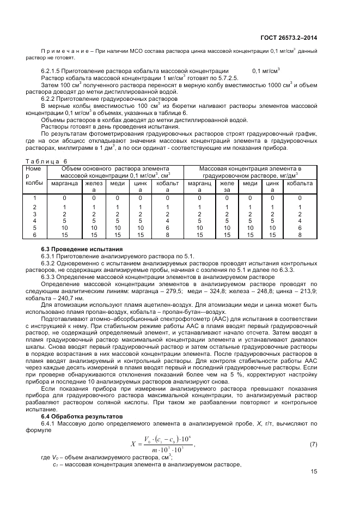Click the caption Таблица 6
click(x=46, y=161)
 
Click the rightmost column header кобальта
click(x=300, y=184)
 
